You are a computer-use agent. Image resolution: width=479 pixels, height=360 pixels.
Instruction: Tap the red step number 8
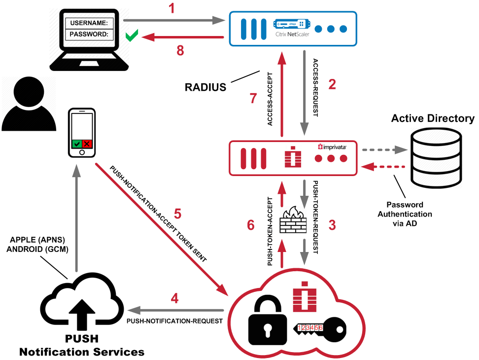(x=180, y=50)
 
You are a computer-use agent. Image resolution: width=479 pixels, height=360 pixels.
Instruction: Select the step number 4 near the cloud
(x=174, y=298)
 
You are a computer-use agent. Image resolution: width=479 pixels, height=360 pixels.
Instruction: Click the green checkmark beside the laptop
(x=131, y=36)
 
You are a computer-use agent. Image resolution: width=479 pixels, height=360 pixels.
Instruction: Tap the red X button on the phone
(x=87, y=144)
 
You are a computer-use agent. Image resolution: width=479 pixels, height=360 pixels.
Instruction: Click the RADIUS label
(x=205, y=88)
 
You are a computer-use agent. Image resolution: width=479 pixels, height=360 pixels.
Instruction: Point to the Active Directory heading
(x=432, y=118)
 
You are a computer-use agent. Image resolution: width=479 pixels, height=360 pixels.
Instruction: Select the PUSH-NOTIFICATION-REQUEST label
(x=175, y=321)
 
